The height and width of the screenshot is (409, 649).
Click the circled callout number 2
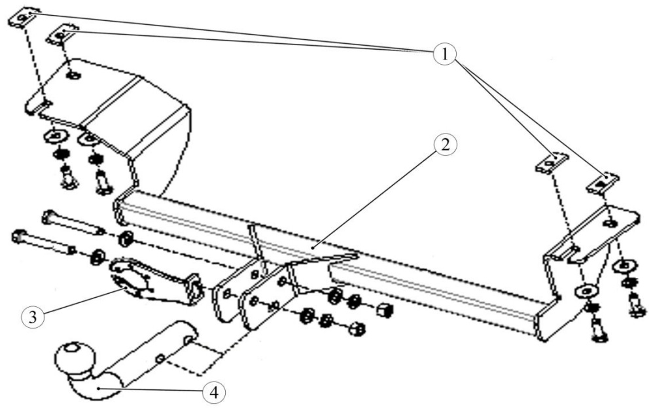[x=444, y=145]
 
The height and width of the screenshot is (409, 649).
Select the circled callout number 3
[x=33, y=317]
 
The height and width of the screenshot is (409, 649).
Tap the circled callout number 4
[x=214, y=392]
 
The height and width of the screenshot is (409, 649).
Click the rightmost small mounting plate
[x=603, y=183]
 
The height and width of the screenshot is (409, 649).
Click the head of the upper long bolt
[x=48, y=217]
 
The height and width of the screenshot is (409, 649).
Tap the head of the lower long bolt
[x=19, y=236]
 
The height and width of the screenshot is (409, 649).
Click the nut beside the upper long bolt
[x=126, y=240]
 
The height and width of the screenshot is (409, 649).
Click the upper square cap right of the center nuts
[x=384, y=310]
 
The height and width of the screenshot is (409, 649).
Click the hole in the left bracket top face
[x=74, y=75]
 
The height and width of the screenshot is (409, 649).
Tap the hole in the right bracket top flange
[x=612, y=224]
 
